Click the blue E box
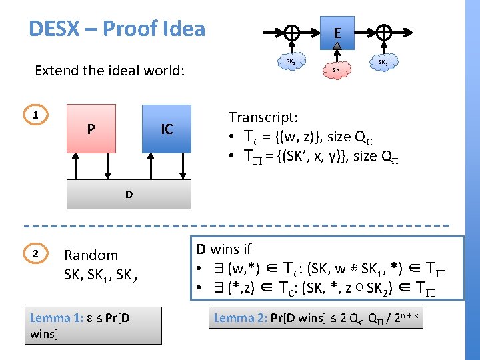(337, 33)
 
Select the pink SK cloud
(337, 69)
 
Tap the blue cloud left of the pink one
(291, 62)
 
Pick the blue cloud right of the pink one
(383, 62)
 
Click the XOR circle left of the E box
(291, 32)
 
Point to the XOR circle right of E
(383, 32)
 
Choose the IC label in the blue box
(167, 129)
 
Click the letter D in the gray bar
(128, 195)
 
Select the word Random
(91, 255)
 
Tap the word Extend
(58, 70)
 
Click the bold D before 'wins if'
(201, 249)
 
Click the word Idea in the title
(180, 29)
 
